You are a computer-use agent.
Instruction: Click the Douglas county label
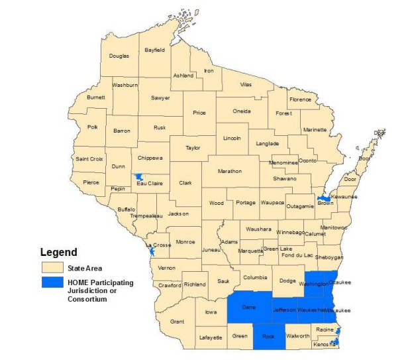[119, 56]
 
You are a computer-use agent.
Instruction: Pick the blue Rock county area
[269, 337]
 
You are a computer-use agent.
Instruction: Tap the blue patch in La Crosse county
[151, 251]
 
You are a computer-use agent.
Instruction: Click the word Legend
[59, 252]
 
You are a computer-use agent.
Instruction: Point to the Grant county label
[177, 322]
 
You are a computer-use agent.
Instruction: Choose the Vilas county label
[246, 85]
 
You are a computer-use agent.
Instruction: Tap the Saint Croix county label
[89, 159]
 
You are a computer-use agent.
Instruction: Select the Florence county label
[300, 99]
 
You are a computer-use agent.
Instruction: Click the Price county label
[199, 113]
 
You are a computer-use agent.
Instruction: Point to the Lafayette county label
[211, 337]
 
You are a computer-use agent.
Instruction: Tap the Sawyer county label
[160, 97]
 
